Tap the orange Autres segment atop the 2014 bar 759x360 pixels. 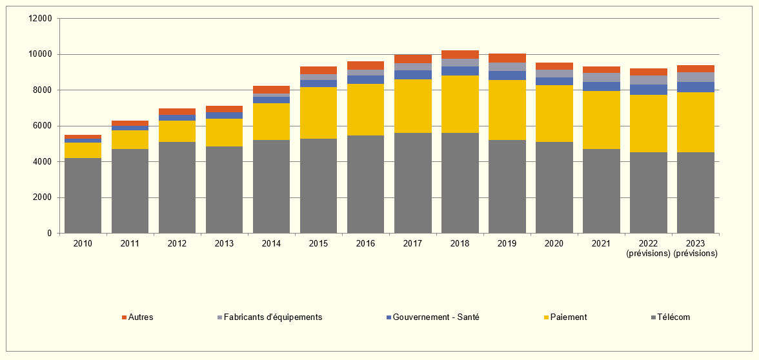coord(271,90)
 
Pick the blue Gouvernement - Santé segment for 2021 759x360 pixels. coord(602,86)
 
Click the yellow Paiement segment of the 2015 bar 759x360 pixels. coord(318,113)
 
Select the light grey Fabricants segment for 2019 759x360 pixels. coord(507,66)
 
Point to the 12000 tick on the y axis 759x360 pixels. coord(40,19)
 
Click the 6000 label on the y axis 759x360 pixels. coord(43,126)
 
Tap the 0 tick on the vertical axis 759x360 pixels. coord(50,233)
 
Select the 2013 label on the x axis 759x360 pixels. coord(224,243)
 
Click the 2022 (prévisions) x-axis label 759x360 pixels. coord(648,248)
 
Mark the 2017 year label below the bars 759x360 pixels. coord(412,243)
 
